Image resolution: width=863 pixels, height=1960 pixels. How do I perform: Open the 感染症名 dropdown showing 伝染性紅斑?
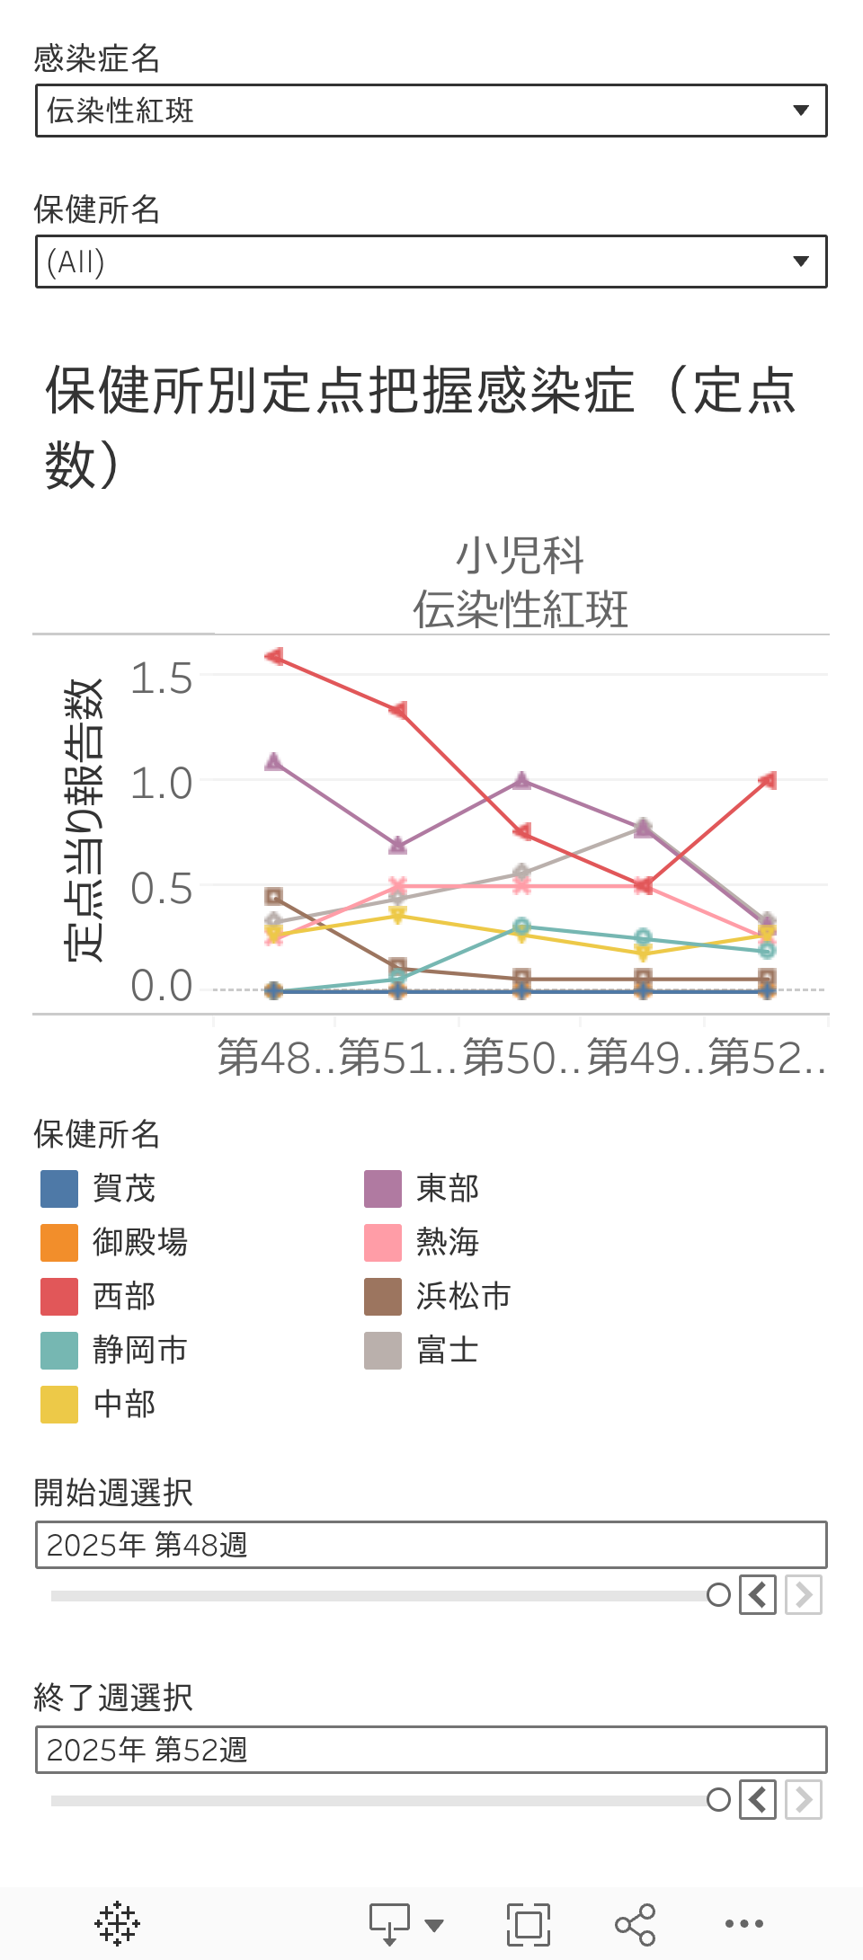coord(431,111)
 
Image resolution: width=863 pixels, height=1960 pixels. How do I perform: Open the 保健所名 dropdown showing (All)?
coord(431,262)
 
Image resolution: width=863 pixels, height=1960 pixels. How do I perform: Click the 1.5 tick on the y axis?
coord(162,678)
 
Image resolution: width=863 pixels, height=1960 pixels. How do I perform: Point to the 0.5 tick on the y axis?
coord(162,889)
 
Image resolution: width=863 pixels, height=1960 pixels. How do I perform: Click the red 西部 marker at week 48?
coord(275,657)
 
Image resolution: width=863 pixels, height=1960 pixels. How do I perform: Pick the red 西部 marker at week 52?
coord(768,781)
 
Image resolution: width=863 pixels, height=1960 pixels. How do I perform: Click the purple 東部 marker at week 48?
coord(275,762)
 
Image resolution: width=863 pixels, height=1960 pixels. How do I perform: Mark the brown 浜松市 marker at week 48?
coord(274,896)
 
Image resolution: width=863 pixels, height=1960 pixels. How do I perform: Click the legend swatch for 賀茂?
coord(59,1189)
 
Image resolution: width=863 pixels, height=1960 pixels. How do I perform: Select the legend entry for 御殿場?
coord(140,1243)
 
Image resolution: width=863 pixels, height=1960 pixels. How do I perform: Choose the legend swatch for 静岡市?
coord(59,1351)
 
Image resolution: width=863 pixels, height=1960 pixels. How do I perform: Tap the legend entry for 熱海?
coord(447,1243)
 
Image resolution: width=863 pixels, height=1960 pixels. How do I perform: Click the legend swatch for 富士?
coord(383,1351)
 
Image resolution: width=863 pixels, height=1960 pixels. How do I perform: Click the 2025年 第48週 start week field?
coord(431,1545)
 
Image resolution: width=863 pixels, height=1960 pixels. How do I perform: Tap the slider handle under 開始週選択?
coord(718,1595)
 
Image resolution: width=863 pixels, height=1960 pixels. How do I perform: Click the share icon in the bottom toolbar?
coord(635,1924)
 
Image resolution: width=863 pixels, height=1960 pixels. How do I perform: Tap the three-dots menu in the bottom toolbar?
coord(744,1924)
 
